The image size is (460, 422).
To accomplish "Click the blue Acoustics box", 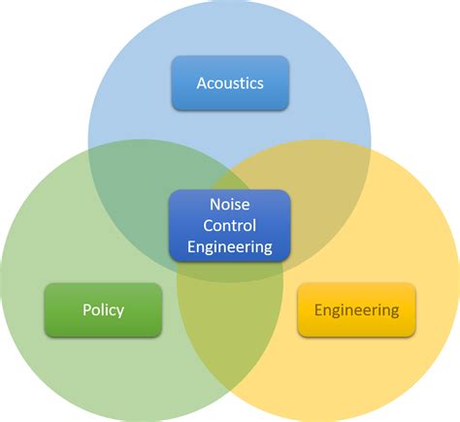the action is click(230, 83).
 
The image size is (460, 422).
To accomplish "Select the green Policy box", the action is click(103, 310).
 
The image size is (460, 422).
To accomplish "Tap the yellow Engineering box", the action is click(356, 310).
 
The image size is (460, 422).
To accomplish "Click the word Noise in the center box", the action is click(230, 205).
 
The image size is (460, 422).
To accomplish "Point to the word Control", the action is click(230, 225).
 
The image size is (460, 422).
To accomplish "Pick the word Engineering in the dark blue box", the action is click(230, 247).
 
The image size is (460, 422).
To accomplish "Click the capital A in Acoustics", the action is click(202, 83).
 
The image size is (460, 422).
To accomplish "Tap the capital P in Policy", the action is click(87, 309).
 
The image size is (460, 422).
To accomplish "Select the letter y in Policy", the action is click(119, 311).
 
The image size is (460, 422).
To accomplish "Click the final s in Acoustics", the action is click(260, 84).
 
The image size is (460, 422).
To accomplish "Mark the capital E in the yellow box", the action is click(318, 309).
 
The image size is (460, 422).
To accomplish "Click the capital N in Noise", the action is click(215, 205).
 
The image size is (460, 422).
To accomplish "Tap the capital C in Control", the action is click(209, 225).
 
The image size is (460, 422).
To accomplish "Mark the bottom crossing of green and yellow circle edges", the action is click(230, 392).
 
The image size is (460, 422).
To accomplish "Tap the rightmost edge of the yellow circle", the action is click(459, 281).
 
